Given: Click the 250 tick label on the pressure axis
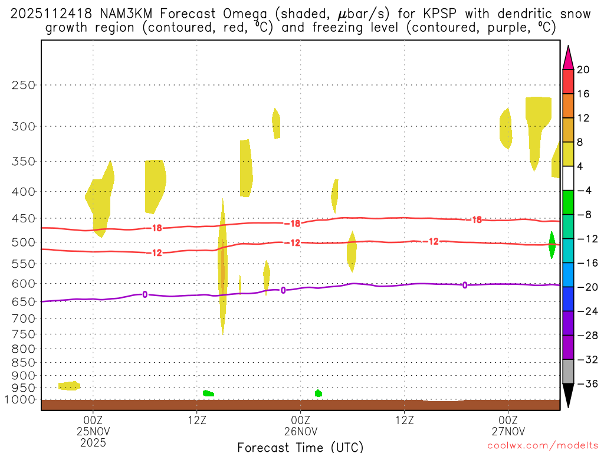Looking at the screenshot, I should (24, 85).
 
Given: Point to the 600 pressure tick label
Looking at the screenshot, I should (24, 284).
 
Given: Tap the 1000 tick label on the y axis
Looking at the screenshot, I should (21, 399).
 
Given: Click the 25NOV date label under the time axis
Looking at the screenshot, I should (93, 431).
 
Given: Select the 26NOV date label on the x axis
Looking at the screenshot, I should (301, 431).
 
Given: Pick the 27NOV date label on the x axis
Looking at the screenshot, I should (508, 431).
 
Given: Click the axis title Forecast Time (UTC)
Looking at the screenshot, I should (300, 447).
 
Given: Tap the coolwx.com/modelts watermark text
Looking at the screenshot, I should (542, 445).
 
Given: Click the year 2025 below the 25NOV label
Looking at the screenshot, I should (93, 441).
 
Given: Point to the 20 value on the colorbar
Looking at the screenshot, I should (583, 70).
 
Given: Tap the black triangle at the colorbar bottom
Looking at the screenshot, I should (568, 396).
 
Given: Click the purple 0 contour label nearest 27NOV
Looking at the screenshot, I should (465, 285).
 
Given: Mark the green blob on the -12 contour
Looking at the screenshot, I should (552, 244).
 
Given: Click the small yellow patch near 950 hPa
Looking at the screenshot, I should (69, 385).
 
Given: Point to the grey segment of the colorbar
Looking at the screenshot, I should (568, 372).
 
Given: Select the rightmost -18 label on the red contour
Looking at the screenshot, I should (476, 220).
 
